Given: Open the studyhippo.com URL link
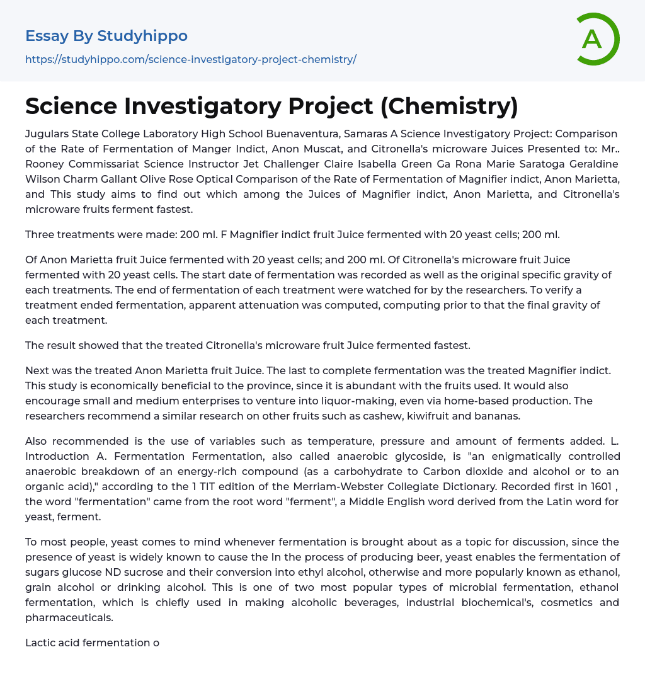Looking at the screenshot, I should (x=191, y=59).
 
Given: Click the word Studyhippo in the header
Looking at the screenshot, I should (x=142, y=36).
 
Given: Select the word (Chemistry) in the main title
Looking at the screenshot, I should (x=449, y=106).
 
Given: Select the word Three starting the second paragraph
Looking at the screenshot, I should (x=41, y=234).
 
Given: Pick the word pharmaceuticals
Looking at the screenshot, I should (x=69, y=617).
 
